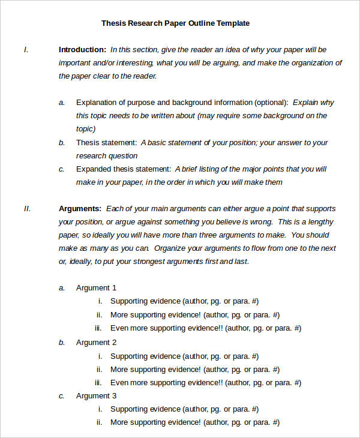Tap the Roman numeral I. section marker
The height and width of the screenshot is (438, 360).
point(26,49)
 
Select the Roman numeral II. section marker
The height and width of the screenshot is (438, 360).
point(27,209)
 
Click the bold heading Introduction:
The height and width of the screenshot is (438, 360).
point(82,49)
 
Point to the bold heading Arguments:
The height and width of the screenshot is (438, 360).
point(80,209)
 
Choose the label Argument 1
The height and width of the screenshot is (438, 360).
point(96,288)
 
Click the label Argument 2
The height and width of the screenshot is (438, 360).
point(96,343)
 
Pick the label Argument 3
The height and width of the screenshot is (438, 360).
point(96,396)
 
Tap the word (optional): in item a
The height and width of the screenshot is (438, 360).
point(271,103)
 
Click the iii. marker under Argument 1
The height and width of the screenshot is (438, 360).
point(98,328)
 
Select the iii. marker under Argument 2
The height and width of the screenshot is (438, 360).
point(98,382)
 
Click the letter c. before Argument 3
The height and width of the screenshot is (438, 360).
point(61,396)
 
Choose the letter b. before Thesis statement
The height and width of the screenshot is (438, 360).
point(61,143)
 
